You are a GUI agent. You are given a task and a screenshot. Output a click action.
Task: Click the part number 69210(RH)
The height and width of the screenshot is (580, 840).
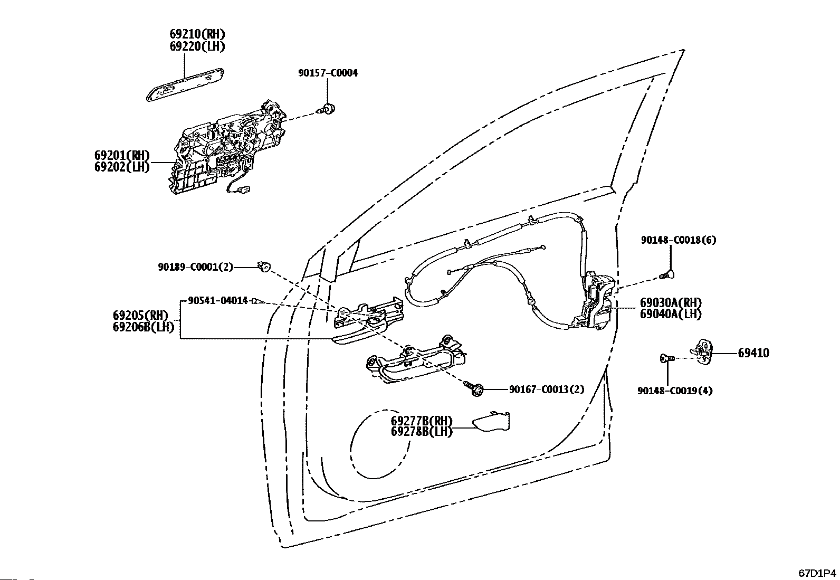197,34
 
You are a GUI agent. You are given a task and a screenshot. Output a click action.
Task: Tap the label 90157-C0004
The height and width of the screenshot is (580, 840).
328,73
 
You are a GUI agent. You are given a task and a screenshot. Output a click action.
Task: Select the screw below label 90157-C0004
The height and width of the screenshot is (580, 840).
326,109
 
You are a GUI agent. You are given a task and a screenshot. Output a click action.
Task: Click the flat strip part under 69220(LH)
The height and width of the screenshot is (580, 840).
185,85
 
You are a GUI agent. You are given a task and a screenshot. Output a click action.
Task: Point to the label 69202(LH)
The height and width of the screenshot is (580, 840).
122,167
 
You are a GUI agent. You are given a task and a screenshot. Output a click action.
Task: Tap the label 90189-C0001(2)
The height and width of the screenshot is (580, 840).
195,267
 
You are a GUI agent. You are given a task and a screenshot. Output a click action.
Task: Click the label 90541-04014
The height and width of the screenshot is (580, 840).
218,300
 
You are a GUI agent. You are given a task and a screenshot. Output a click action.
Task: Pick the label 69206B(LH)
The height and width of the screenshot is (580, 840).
144,327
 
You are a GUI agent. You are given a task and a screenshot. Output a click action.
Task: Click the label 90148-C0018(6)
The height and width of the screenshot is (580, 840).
679,240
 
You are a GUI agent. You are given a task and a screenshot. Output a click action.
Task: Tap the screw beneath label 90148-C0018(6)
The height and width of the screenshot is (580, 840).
666,275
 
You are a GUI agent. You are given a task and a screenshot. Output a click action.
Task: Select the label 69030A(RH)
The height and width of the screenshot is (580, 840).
671,302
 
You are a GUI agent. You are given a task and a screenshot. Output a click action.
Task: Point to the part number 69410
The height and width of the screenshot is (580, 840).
753,353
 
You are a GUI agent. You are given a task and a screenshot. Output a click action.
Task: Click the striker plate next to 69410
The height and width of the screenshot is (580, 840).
702,351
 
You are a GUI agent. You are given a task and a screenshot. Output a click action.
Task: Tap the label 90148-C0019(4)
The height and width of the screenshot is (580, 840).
675,391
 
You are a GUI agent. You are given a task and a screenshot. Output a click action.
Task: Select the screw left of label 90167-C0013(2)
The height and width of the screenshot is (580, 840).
473,388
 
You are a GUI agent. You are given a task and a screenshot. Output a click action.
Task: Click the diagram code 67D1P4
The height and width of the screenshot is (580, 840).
817,573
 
